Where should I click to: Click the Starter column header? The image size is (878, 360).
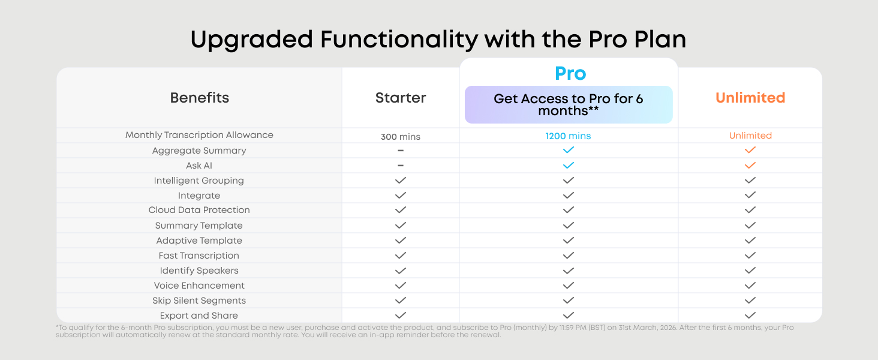point(400,98)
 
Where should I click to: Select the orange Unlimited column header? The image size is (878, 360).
point(750,98)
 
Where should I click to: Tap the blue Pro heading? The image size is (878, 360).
point(570,73)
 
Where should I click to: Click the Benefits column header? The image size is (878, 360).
point(199,98)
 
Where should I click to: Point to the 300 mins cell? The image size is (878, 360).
point(400,136)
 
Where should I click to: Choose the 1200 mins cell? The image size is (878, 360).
point(568,136)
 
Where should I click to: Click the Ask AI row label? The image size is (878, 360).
point(199,166)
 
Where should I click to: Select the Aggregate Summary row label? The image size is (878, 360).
point(199,151)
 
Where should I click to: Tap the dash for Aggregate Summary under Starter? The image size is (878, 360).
point(400,151)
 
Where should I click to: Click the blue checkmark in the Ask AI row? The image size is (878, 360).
point(568,165)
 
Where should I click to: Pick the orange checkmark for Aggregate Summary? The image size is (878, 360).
point(750,150)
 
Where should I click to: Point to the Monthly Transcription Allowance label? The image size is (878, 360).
point(199,135)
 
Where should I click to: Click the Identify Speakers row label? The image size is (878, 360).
point(199,271)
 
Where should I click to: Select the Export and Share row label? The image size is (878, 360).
point(199,315)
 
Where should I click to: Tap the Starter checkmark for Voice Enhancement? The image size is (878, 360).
point(400,286)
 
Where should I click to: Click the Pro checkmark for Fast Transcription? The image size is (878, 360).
point(568,255)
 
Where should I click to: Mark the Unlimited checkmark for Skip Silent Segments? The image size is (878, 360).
point(750,301)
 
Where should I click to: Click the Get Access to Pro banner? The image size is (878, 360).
point(569,105)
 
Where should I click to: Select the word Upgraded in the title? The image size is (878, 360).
point(252,40)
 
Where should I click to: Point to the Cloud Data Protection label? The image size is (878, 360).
point(199,210)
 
